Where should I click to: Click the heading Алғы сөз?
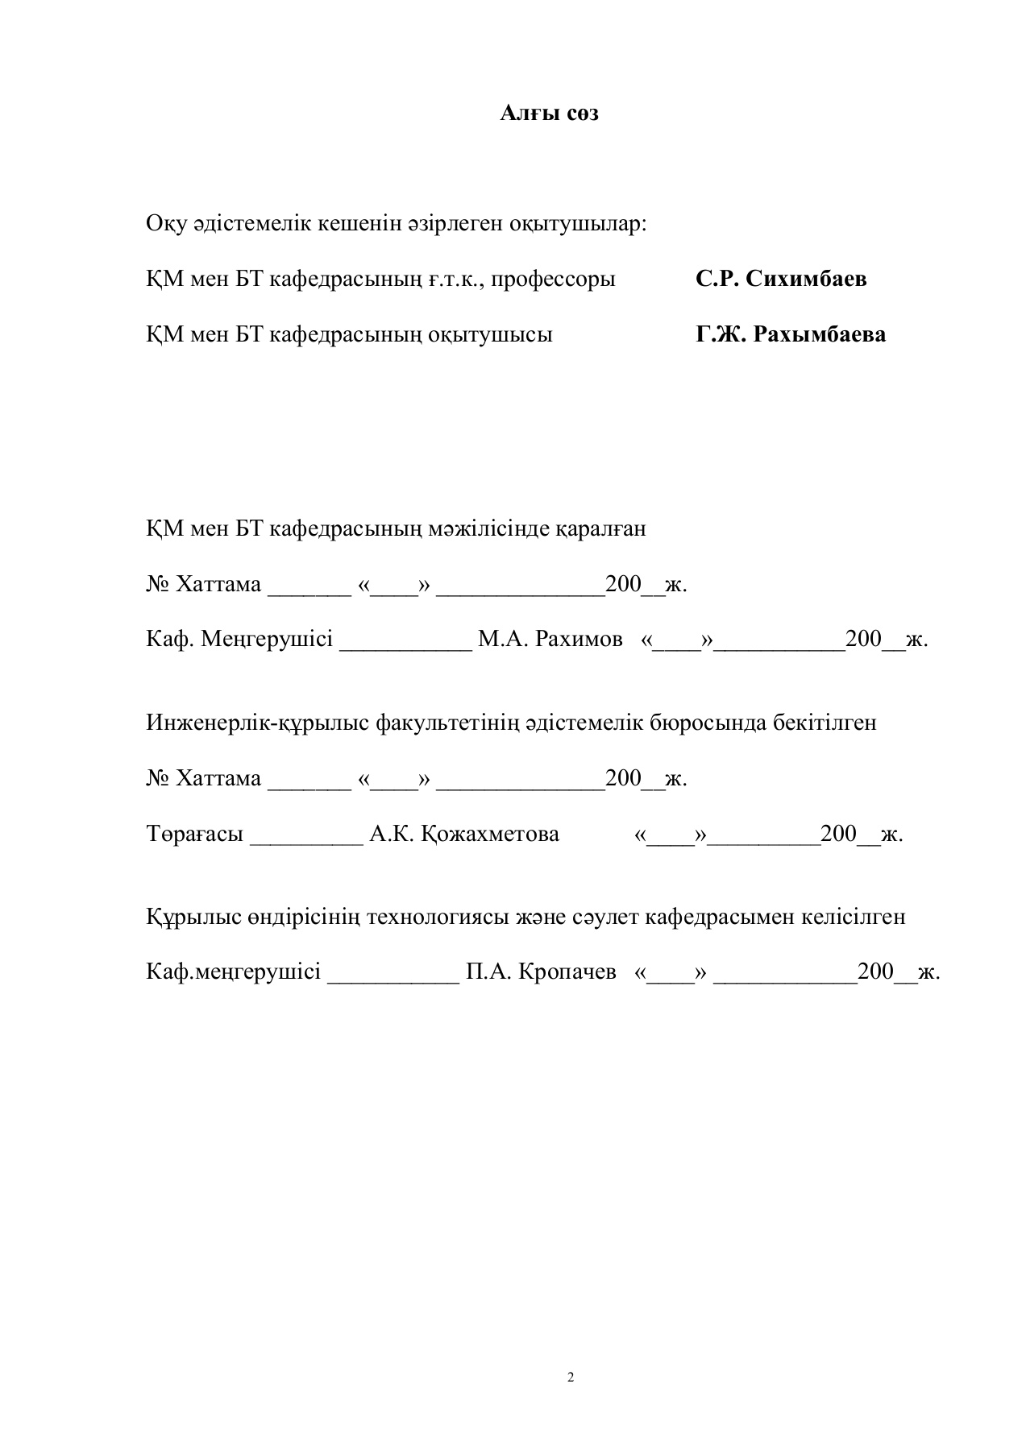coord(549,114)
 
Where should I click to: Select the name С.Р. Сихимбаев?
coord(781,279)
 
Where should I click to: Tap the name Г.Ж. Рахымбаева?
coord(791,334)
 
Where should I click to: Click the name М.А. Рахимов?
coord(550,640)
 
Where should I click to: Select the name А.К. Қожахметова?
coord(464,834)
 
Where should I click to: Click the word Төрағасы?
coord(194,834)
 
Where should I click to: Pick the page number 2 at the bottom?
coord(571,1377)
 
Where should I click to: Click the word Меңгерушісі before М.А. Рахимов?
coord(267,640)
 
